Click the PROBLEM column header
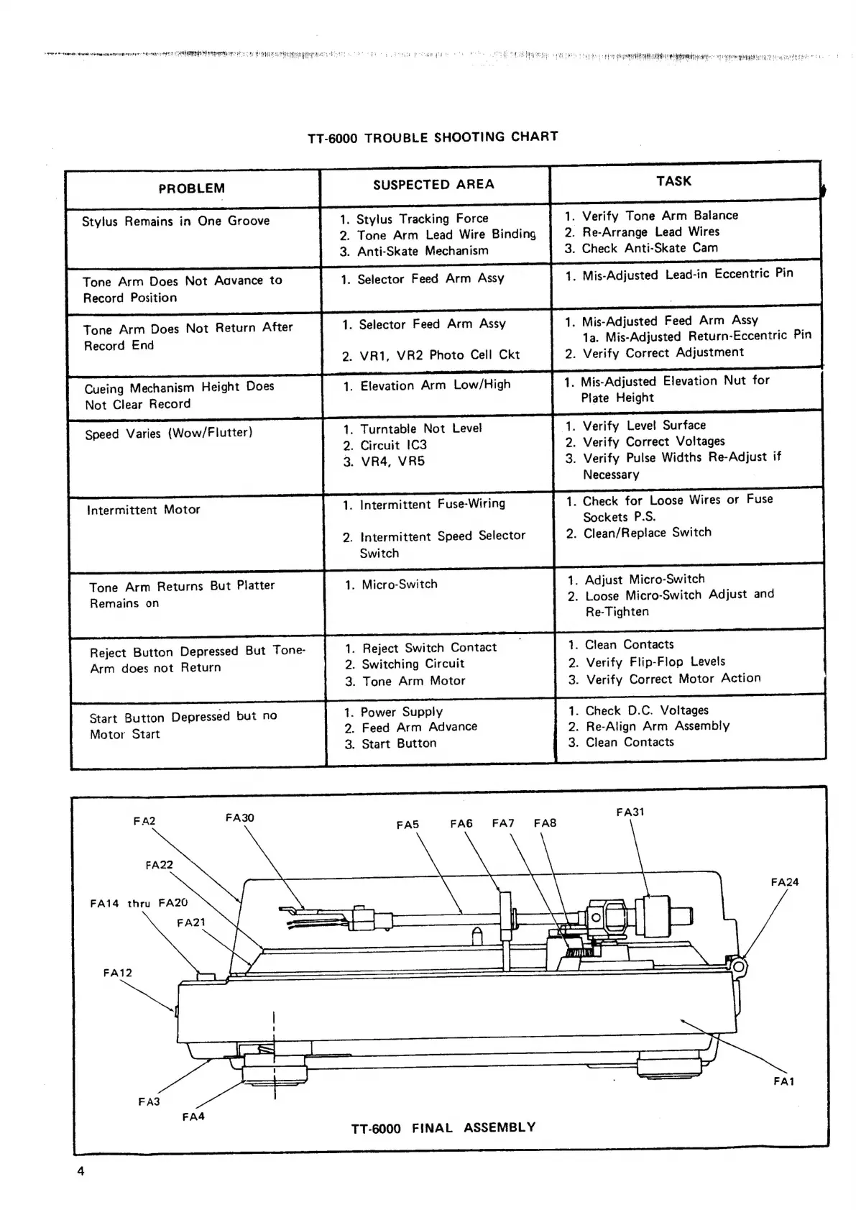[191, 188]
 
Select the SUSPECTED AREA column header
[433, 185]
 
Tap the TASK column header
[673, 181]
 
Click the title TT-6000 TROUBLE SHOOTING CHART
[433, 137]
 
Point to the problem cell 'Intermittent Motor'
[144, 510]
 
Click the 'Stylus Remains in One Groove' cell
[176, 221]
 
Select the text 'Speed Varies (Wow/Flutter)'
[169, 434]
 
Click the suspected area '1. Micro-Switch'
[391, 585]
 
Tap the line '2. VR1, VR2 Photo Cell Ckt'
[431, 355]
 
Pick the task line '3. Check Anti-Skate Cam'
[641, 248]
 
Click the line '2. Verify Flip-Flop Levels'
[646, 661]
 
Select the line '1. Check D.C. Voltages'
[638, 710]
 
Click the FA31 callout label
[630, 812]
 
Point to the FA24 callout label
[784, 882]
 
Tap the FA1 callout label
[783, 1081]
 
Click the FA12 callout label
[118, 973]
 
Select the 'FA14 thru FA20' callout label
[139, 903]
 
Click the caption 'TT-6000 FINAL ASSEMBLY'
[443, 1127]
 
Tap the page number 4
[80, 1171]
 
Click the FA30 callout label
[239, 818]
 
